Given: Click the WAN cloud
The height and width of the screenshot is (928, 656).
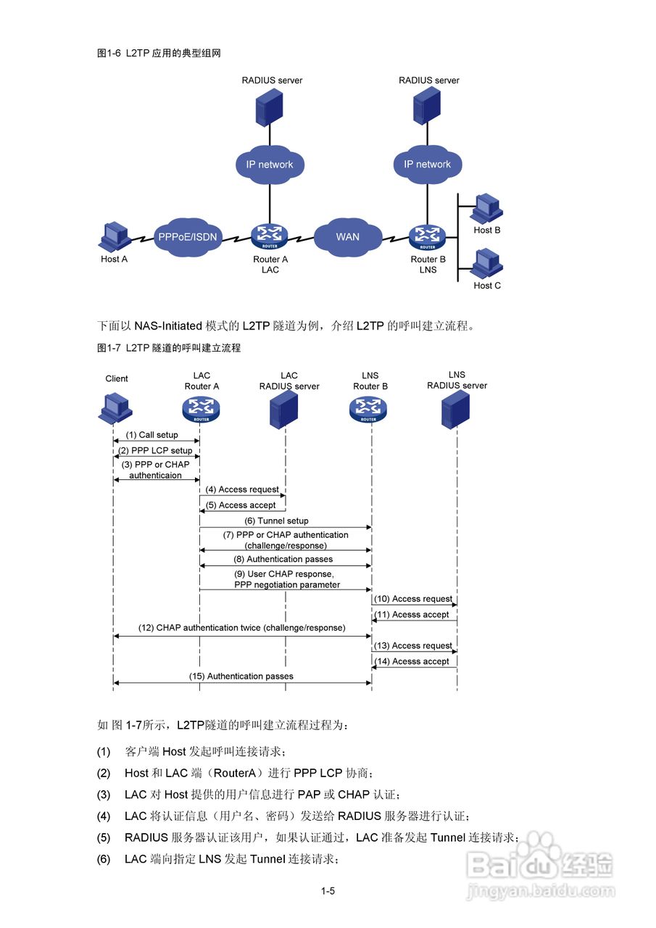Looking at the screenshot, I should (x=347, y=236).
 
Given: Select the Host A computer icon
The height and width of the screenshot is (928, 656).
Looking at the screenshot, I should (x=113, y=236).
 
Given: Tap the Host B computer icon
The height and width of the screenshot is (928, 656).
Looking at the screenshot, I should (x=486, y=209).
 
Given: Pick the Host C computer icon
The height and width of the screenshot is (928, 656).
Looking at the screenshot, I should (x=486, y=263).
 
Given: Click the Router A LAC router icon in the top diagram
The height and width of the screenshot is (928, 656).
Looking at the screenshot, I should (x=270, y=236).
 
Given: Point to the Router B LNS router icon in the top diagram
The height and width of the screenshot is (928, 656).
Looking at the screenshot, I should (x=428, y=236).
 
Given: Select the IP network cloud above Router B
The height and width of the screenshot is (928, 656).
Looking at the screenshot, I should (x=428, y=165).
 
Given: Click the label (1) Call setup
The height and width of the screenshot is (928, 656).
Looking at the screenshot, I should (x=151, y=435).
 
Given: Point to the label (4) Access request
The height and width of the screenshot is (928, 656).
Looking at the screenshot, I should (x=242, y=489).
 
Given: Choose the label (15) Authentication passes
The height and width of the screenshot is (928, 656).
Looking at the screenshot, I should (x=243, y=676).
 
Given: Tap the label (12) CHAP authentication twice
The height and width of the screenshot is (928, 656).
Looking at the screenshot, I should (x=241, y=628).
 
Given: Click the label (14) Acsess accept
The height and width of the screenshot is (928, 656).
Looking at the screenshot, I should (x=415, y=661).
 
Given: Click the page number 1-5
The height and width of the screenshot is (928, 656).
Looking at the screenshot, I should (x=328, y=891).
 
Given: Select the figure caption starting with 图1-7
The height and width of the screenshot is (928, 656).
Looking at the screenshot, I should (x=169, y=348).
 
